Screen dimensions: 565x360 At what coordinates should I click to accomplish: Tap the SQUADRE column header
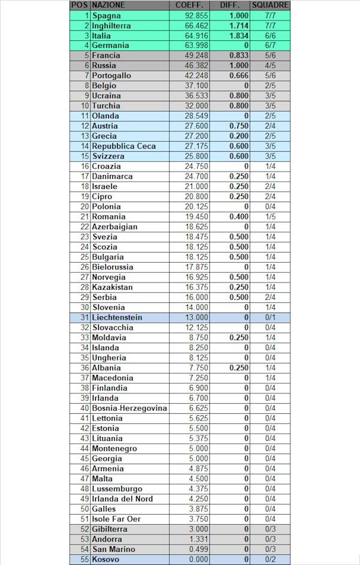tap(270, 5)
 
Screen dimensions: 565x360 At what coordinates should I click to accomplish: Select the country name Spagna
tap(106, 15)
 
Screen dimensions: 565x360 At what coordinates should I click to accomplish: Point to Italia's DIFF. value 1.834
tap(238, 35)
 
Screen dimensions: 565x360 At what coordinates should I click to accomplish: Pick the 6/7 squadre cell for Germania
tap(270, 46)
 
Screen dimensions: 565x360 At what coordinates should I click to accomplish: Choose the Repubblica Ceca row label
tap(124, 146)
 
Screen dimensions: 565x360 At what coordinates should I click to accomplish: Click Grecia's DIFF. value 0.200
tap(238, 136)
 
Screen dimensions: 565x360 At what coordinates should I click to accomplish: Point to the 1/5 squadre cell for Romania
tap(270, 217)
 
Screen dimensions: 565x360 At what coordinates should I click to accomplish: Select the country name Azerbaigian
tap(115, 227)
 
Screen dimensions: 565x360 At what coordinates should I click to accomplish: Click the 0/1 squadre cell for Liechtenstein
tap(270, 317)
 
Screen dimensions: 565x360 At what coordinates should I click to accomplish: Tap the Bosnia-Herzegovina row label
tap(129, 408)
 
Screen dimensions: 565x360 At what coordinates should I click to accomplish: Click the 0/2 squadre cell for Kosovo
tap(270, 559)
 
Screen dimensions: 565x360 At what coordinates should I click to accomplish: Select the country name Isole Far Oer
tap(116, 519)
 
